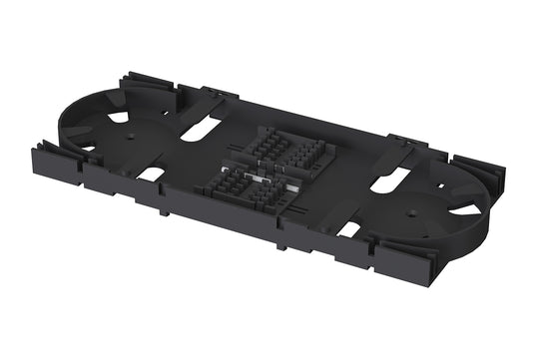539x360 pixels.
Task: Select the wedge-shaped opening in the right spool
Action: [464, 209]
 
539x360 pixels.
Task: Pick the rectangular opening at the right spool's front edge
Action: [349, 228]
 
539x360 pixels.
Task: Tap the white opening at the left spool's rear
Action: [118, 117]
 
